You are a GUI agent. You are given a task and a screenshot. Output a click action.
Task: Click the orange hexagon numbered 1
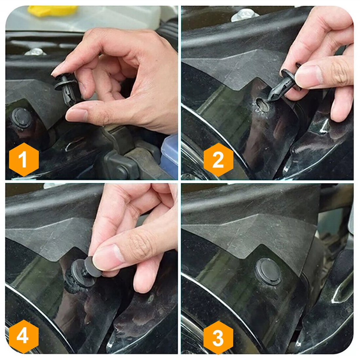click(x=24, y=160)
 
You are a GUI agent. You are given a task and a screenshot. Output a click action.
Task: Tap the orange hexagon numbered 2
click(x=218, y=160)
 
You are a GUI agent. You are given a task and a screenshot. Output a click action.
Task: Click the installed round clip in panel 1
click(x=22, y=118)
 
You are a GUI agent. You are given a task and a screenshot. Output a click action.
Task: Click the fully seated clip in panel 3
click(x=268, y=271)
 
